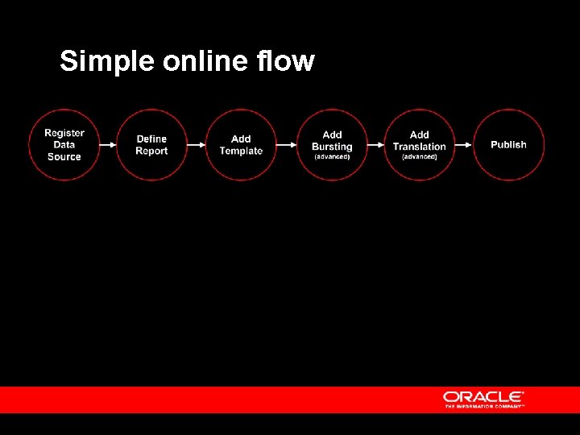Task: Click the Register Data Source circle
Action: tap(64, 145)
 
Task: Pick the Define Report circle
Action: tap(151, 145)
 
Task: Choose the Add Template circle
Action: tap(241, 145)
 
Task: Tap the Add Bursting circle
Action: tap(332, 145)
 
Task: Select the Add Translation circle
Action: tap(420, 145)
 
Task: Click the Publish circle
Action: tap(508, 145)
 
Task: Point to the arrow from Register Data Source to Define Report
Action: tap(108, 145)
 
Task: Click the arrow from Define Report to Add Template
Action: tap(197, 145)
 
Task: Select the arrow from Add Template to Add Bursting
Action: tap(286, 145)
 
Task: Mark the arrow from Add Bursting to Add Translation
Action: tap(376, 145)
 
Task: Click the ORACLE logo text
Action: tap(483, 396)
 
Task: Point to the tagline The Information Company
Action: tap(484, 406)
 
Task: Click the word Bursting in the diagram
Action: tap(332, 147)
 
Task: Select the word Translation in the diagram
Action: tap(420, 147)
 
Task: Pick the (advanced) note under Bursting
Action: tap(332, 156)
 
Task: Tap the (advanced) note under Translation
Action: tap(420, 156)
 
